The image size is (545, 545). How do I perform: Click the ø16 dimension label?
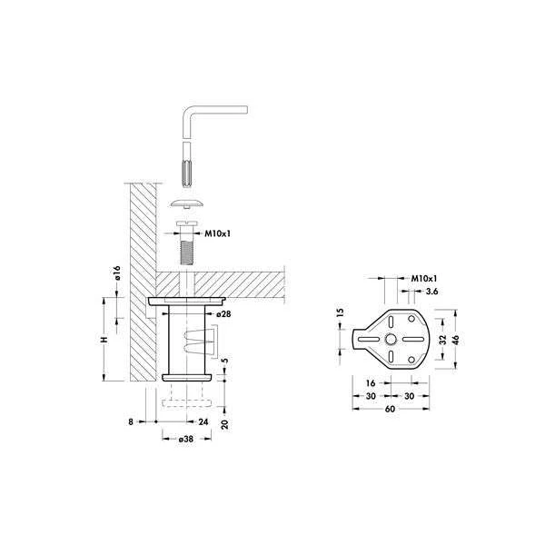tap(117, 272)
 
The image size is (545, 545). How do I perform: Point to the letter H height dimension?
tap(104, 339)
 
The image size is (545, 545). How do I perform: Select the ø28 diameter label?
tap(223, 314)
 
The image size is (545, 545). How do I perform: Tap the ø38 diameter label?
tap(186, 439)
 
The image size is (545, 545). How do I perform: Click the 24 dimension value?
tap(203, 421)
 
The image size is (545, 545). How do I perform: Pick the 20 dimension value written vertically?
tap(225, 424)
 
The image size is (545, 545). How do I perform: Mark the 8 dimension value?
tap(131, 421)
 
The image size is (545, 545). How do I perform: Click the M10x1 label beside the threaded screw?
tap(218, 233)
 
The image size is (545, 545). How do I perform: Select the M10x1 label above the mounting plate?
tap(424, 279)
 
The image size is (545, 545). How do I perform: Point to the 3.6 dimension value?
tap(431, 292)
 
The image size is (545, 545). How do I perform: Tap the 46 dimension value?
tap(456, 340)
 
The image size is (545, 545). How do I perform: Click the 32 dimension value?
tap(443, 340)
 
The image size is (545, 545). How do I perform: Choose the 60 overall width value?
tap(390, 409)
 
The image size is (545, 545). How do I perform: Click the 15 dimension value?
tap(341, 312)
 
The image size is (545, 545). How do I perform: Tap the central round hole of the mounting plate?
tap(391, 339)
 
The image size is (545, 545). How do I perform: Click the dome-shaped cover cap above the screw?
tap(187, 203)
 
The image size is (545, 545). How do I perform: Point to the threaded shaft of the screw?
tap(187, 253)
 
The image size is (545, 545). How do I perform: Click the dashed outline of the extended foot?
tap(186, 402)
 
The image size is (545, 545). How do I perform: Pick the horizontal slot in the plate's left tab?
tap(369, 339)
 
